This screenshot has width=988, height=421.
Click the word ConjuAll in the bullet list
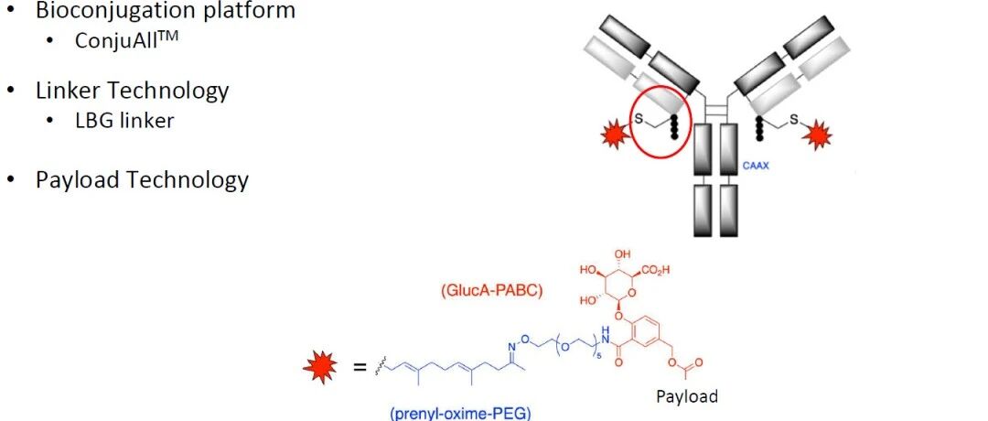[x=115, y=40]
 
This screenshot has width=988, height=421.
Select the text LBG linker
[x=125, y=119]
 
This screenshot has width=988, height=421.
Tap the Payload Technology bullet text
[x=142, y=179]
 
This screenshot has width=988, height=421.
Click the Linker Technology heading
[x=132, y=91]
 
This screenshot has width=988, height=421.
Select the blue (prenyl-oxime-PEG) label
[x=459, y=412]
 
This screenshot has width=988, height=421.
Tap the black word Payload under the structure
[x=687, y=396]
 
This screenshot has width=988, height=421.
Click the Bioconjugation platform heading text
[x=165, y=11]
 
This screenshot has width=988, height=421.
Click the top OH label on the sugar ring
[x=626, y=254]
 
